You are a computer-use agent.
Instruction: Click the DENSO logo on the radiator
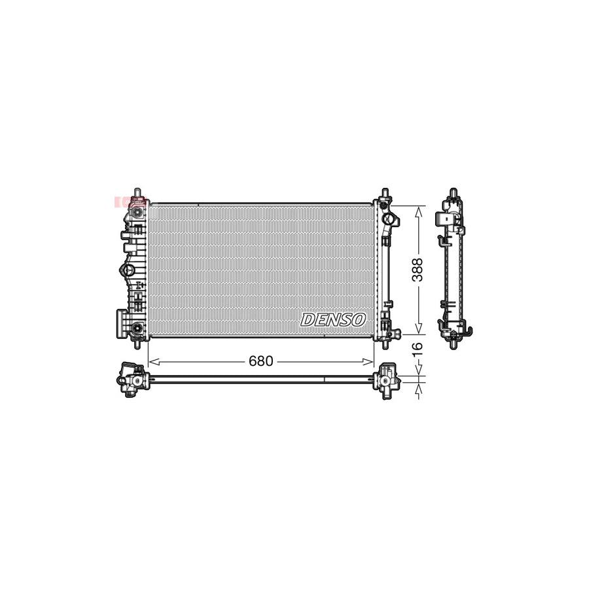[332, 319]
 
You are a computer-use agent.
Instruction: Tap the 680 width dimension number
[261, 361]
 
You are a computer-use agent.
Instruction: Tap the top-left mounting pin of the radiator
[137, 192]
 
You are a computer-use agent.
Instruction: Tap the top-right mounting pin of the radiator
[384, 194]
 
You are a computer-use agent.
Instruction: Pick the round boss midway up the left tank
[128, 270]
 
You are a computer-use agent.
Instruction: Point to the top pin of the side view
[452, 194]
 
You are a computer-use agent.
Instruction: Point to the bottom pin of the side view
[452, 342]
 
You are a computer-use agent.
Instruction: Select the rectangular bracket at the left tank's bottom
[122, 323]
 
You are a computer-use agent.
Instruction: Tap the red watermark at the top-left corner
[121, 202]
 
